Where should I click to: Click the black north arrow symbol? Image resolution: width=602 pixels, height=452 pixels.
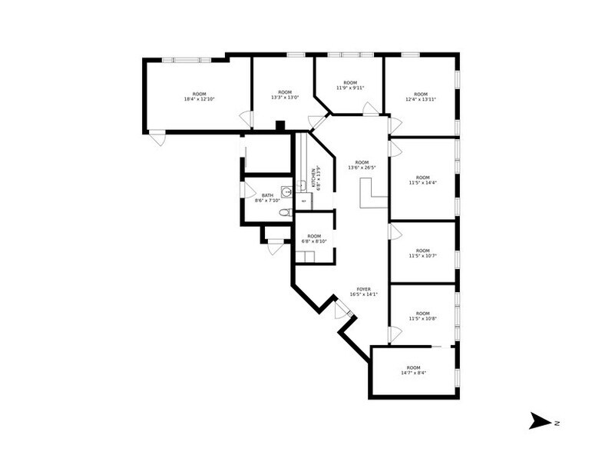coord(540,420)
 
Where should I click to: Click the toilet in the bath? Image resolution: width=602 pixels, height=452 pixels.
coord(284,212)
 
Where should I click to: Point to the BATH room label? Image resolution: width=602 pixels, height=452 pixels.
coord(267,195)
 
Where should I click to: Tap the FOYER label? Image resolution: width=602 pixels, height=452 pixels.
coord(364,289)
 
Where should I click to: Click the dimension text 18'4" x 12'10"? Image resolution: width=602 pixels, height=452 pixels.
coord(199,98)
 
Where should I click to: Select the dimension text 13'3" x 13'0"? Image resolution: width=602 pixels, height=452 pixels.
coord(284,98)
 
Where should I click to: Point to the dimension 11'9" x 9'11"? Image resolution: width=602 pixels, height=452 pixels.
coord(350,88)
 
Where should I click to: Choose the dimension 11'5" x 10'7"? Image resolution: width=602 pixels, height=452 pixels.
coord(422,255)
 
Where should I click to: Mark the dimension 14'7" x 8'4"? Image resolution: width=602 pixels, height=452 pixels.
coord(414,373)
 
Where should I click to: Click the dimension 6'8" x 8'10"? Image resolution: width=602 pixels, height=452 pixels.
coord(314,241)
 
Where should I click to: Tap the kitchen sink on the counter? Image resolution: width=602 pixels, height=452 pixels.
coord(303,184)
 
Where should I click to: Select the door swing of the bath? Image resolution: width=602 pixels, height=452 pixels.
coord(249,186)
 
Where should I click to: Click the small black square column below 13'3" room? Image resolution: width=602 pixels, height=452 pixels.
coord(280,125)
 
